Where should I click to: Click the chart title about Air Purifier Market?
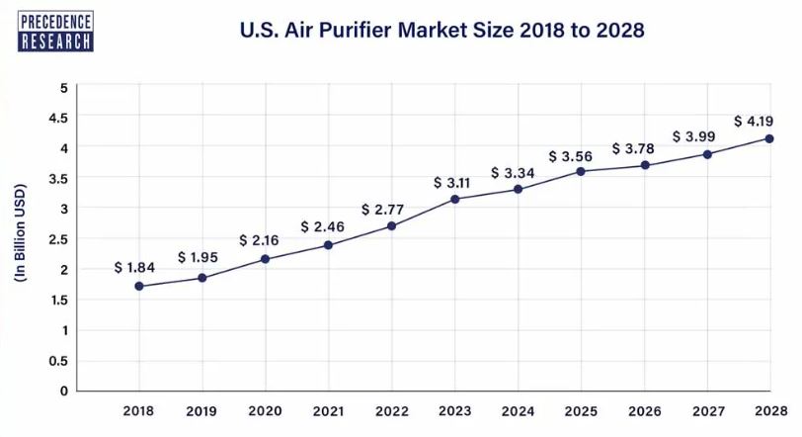coord(442,31)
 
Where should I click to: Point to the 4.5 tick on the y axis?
coord(59,118)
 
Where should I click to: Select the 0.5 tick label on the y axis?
coord(59,360)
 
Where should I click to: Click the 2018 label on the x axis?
coord(139,410)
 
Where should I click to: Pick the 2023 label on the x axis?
coord(454,410)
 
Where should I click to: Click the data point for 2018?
coord(139,287)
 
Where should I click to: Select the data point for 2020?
coord(265,259)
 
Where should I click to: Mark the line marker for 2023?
coord(454,200)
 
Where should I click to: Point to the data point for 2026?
coord(644,165)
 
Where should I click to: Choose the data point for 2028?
coord(769,138)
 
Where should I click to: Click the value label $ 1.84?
coord(135,267)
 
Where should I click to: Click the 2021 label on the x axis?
coord(328,410)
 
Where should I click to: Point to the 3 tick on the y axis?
coord(63,209)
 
